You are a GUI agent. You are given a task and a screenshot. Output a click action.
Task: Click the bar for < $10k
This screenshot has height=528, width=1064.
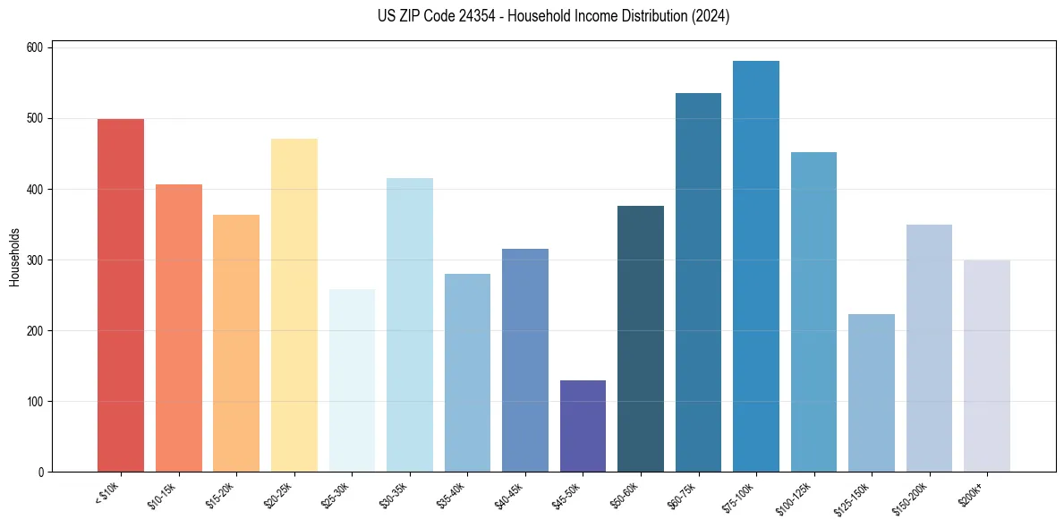pos(121,295)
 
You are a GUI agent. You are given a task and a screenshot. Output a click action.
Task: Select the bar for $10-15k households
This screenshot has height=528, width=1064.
pos(178,328)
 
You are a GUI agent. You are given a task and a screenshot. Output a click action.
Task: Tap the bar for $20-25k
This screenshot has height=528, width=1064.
pos(294,305)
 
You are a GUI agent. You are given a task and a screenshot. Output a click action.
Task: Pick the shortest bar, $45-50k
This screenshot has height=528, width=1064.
pos(583,426)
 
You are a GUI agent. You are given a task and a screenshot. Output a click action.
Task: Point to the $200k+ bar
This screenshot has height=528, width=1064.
pos(986,366)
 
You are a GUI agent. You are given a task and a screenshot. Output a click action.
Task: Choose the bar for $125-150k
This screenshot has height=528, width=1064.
pos(871,393)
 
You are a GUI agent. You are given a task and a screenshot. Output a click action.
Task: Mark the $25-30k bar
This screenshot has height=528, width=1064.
pos(352,380)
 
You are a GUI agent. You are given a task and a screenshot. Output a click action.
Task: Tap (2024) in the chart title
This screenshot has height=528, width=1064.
pos(710,16)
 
